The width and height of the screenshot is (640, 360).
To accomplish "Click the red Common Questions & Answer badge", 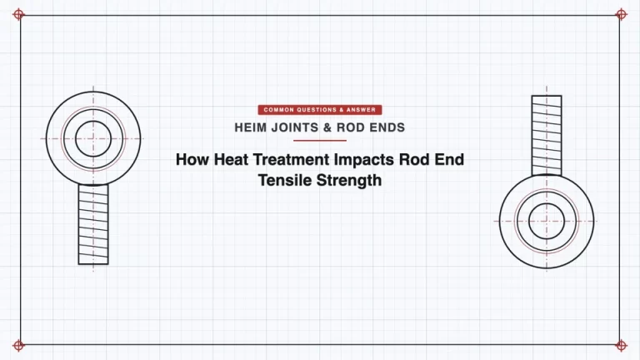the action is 320,110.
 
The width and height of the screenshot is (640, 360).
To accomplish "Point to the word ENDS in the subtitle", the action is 387,127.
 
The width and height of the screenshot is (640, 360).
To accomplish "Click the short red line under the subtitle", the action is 320,140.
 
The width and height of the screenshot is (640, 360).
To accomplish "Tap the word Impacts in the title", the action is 364,160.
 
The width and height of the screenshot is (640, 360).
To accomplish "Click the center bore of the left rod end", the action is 93,139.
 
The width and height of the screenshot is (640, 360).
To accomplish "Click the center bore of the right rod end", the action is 547,221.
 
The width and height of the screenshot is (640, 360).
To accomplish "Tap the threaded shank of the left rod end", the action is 93,224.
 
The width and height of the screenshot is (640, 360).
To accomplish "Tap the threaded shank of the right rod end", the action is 547,136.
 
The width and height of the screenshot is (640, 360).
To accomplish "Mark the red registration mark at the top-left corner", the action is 18,15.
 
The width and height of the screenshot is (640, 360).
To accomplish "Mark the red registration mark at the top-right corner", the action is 621,15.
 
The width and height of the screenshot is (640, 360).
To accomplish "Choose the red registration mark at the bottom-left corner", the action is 18,346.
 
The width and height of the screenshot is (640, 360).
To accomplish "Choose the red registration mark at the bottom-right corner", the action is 621,346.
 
